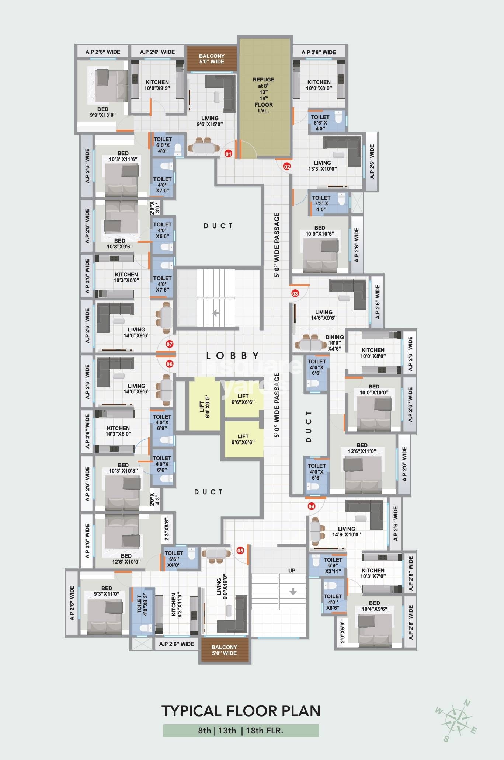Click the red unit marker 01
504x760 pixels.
[x=229, y=154]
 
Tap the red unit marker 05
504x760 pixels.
[x=240, y=551]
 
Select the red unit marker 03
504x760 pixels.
[x=295, y=293]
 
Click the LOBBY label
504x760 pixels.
[x=233, y=356]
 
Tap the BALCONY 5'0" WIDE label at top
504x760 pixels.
[x=212, y=59]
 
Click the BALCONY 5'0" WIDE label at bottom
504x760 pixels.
[x=224, y=650]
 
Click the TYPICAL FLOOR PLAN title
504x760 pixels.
[x=241, y=711]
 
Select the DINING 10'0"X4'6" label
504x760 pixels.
[x=334, y=343]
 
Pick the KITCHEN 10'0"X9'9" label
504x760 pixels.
[x=157, y=85]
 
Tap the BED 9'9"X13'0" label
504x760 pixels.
[x=103, y=112]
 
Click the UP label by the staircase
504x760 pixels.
[x=292, y=571]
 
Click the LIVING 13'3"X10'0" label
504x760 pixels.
[x=322, y=166]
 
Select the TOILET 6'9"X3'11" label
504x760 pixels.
[x=333, y=565]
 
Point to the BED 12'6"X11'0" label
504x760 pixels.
[x=362, y=448]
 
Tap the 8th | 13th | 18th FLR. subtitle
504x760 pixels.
[x=241, y=731]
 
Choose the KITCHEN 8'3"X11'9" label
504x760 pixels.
[x=176, y=605]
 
